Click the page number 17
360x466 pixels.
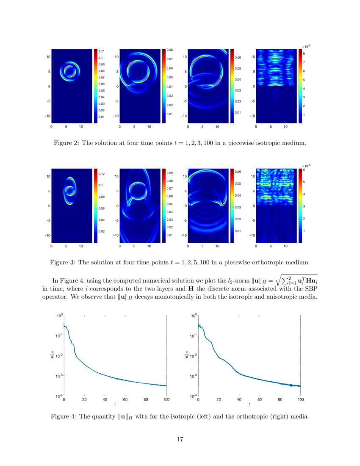[x=180, y=439]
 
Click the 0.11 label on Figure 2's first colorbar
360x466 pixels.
[x=102, y=51]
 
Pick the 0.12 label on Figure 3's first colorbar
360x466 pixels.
[x=102, y=174]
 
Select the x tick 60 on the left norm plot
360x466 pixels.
[x=125, y=399]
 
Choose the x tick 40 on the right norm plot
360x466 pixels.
[x=239, y=399]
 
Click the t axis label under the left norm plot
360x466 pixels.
[x=115, y=405]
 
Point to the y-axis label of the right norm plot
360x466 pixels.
[x=186, y=356]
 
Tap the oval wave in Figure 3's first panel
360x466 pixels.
[x=70, y=191]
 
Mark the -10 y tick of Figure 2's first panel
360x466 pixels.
[x=48, y=116]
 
